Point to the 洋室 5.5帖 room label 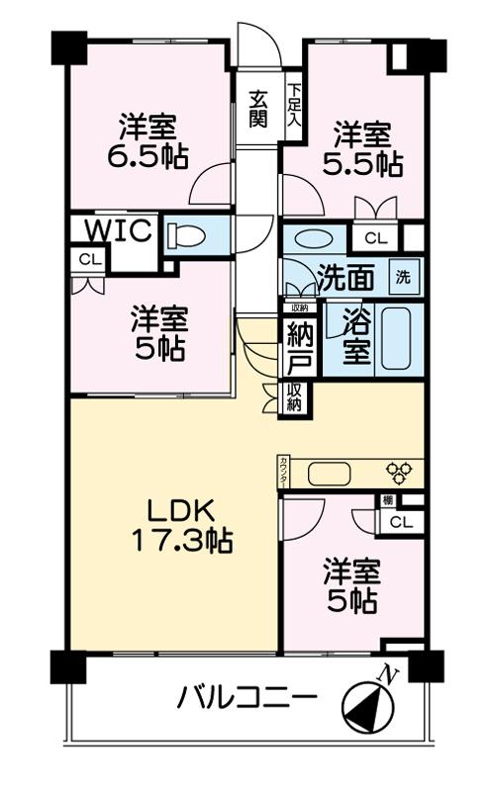(x=361, y=147)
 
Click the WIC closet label (x=118, y=230)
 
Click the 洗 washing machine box (x=402, y=278)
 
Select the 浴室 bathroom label (x=357, y=336)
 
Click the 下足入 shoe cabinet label (x=294, y=106)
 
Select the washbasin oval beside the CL (x=314, y=239)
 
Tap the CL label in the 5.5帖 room (x=375, y=238)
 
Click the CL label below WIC (x=90, y=259)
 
